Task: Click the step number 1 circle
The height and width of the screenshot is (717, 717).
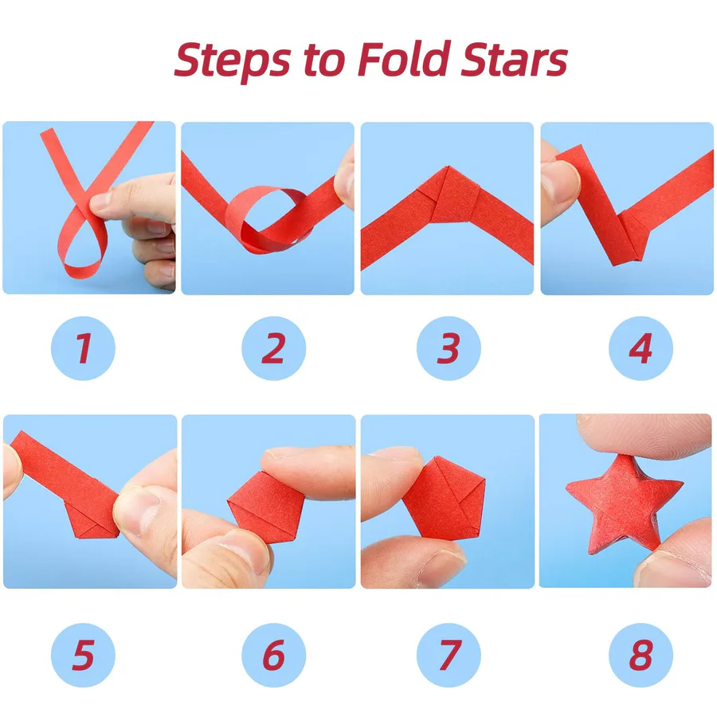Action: click(x=83, y=348)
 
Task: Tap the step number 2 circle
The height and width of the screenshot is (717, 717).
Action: click(x=273, y=348)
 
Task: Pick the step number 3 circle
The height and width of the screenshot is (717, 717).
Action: click(x=449, y=348)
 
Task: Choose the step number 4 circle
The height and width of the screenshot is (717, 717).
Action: click(x=641, y=348)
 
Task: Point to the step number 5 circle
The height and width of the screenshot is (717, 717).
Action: click(x=83, y=655)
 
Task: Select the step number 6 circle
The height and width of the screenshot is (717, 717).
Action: click(x=273, y=655)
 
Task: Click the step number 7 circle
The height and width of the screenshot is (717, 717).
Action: click(x=449, y=655)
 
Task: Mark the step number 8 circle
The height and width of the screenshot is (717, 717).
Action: click(x=641, y=655)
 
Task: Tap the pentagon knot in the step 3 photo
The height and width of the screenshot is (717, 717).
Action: click(x=448, y=194)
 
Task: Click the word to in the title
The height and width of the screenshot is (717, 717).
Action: click(x=324, y=61)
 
